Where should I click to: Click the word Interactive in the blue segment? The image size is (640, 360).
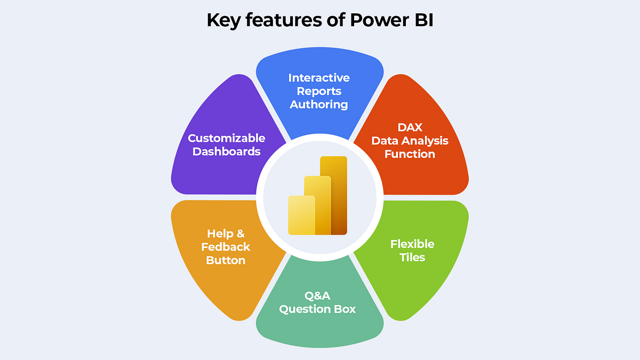click(x=319, y=78)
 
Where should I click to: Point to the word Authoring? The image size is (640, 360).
click(x=319, y=105)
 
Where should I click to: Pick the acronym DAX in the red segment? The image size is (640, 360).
click(x=410, y=127)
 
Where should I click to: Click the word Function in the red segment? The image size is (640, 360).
click(x=410, y=154)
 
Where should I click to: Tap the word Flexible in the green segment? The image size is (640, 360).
click(x=412, y=244)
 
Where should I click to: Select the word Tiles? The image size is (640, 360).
click(x=412, y=258)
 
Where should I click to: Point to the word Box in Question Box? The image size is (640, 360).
click(x=344, y=309)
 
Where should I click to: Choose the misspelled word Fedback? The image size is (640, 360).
click(x=228, y=247)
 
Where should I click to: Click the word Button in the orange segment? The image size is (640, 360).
click(x=226, y=260)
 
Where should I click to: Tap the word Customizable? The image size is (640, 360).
click(x=226, y=138)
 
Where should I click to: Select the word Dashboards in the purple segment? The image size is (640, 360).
click(x=226, y=151)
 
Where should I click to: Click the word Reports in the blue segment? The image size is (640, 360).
click(x=319, y=91)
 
